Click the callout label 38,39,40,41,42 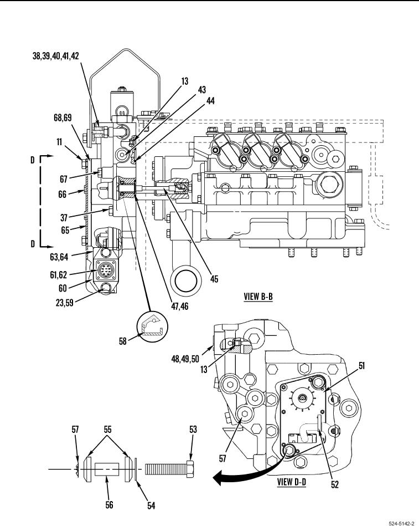coord(55,55)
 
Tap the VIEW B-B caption coord(258,297)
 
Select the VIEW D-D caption coord(291,482)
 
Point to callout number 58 coord(123,341)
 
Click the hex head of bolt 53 coord(189,469)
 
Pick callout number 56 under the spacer coord(109,504)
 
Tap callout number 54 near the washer coord(152,505)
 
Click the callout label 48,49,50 coord(185,359)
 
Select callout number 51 coord(362,366)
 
